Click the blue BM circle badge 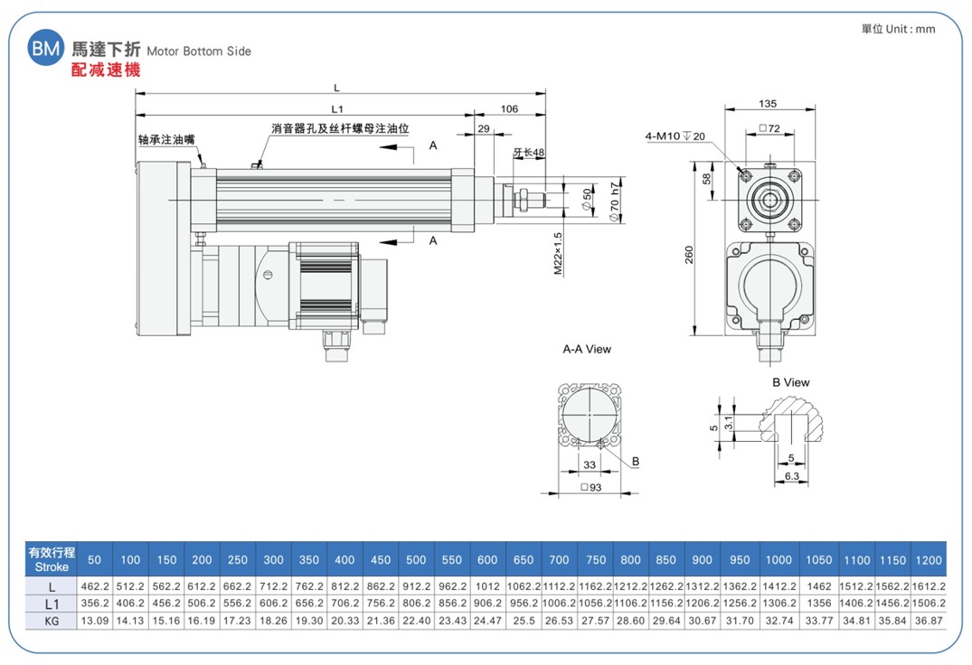pyautogui.click(x=45, y=47)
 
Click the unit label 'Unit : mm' pyautogui.click(x=910, y=29)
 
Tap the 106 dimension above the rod pyautogui.click(x=509, y=109)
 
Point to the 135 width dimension pyautogui.click(x=768, y=103)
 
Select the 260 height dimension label pyautogui.click(x=689, y=255)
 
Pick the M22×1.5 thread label pyautogui.click(x=558, y=253)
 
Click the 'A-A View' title pyautogui.click(x=587, y=350)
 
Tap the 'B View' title pyautogui.click(x=791, y=383)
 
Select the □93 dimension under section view pyautogui.click(x=590, y=487)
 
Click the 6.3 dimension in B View pyautogui.click(x=791, y=476)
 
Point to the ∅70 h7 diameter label pyautogui.click(x=614, y=201)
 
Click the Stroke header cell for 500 pyautogui.click(x=416, y=560)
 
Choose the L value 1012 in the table pyautogui.click(x=487, y=585)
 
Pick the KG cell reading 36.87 pyautogui.click(x=928, y=621)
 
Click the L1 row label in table pyautogui.click(x=52, y=604)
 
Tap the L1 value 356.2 pyautogui.click(x=95, y=603)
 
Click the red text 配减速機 pyautogui.click(x=106, y=70)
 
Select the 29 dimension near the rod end pyautogui.click(x=484, y=129)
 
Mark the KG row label pyautogui.click(x=52, y=621)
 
